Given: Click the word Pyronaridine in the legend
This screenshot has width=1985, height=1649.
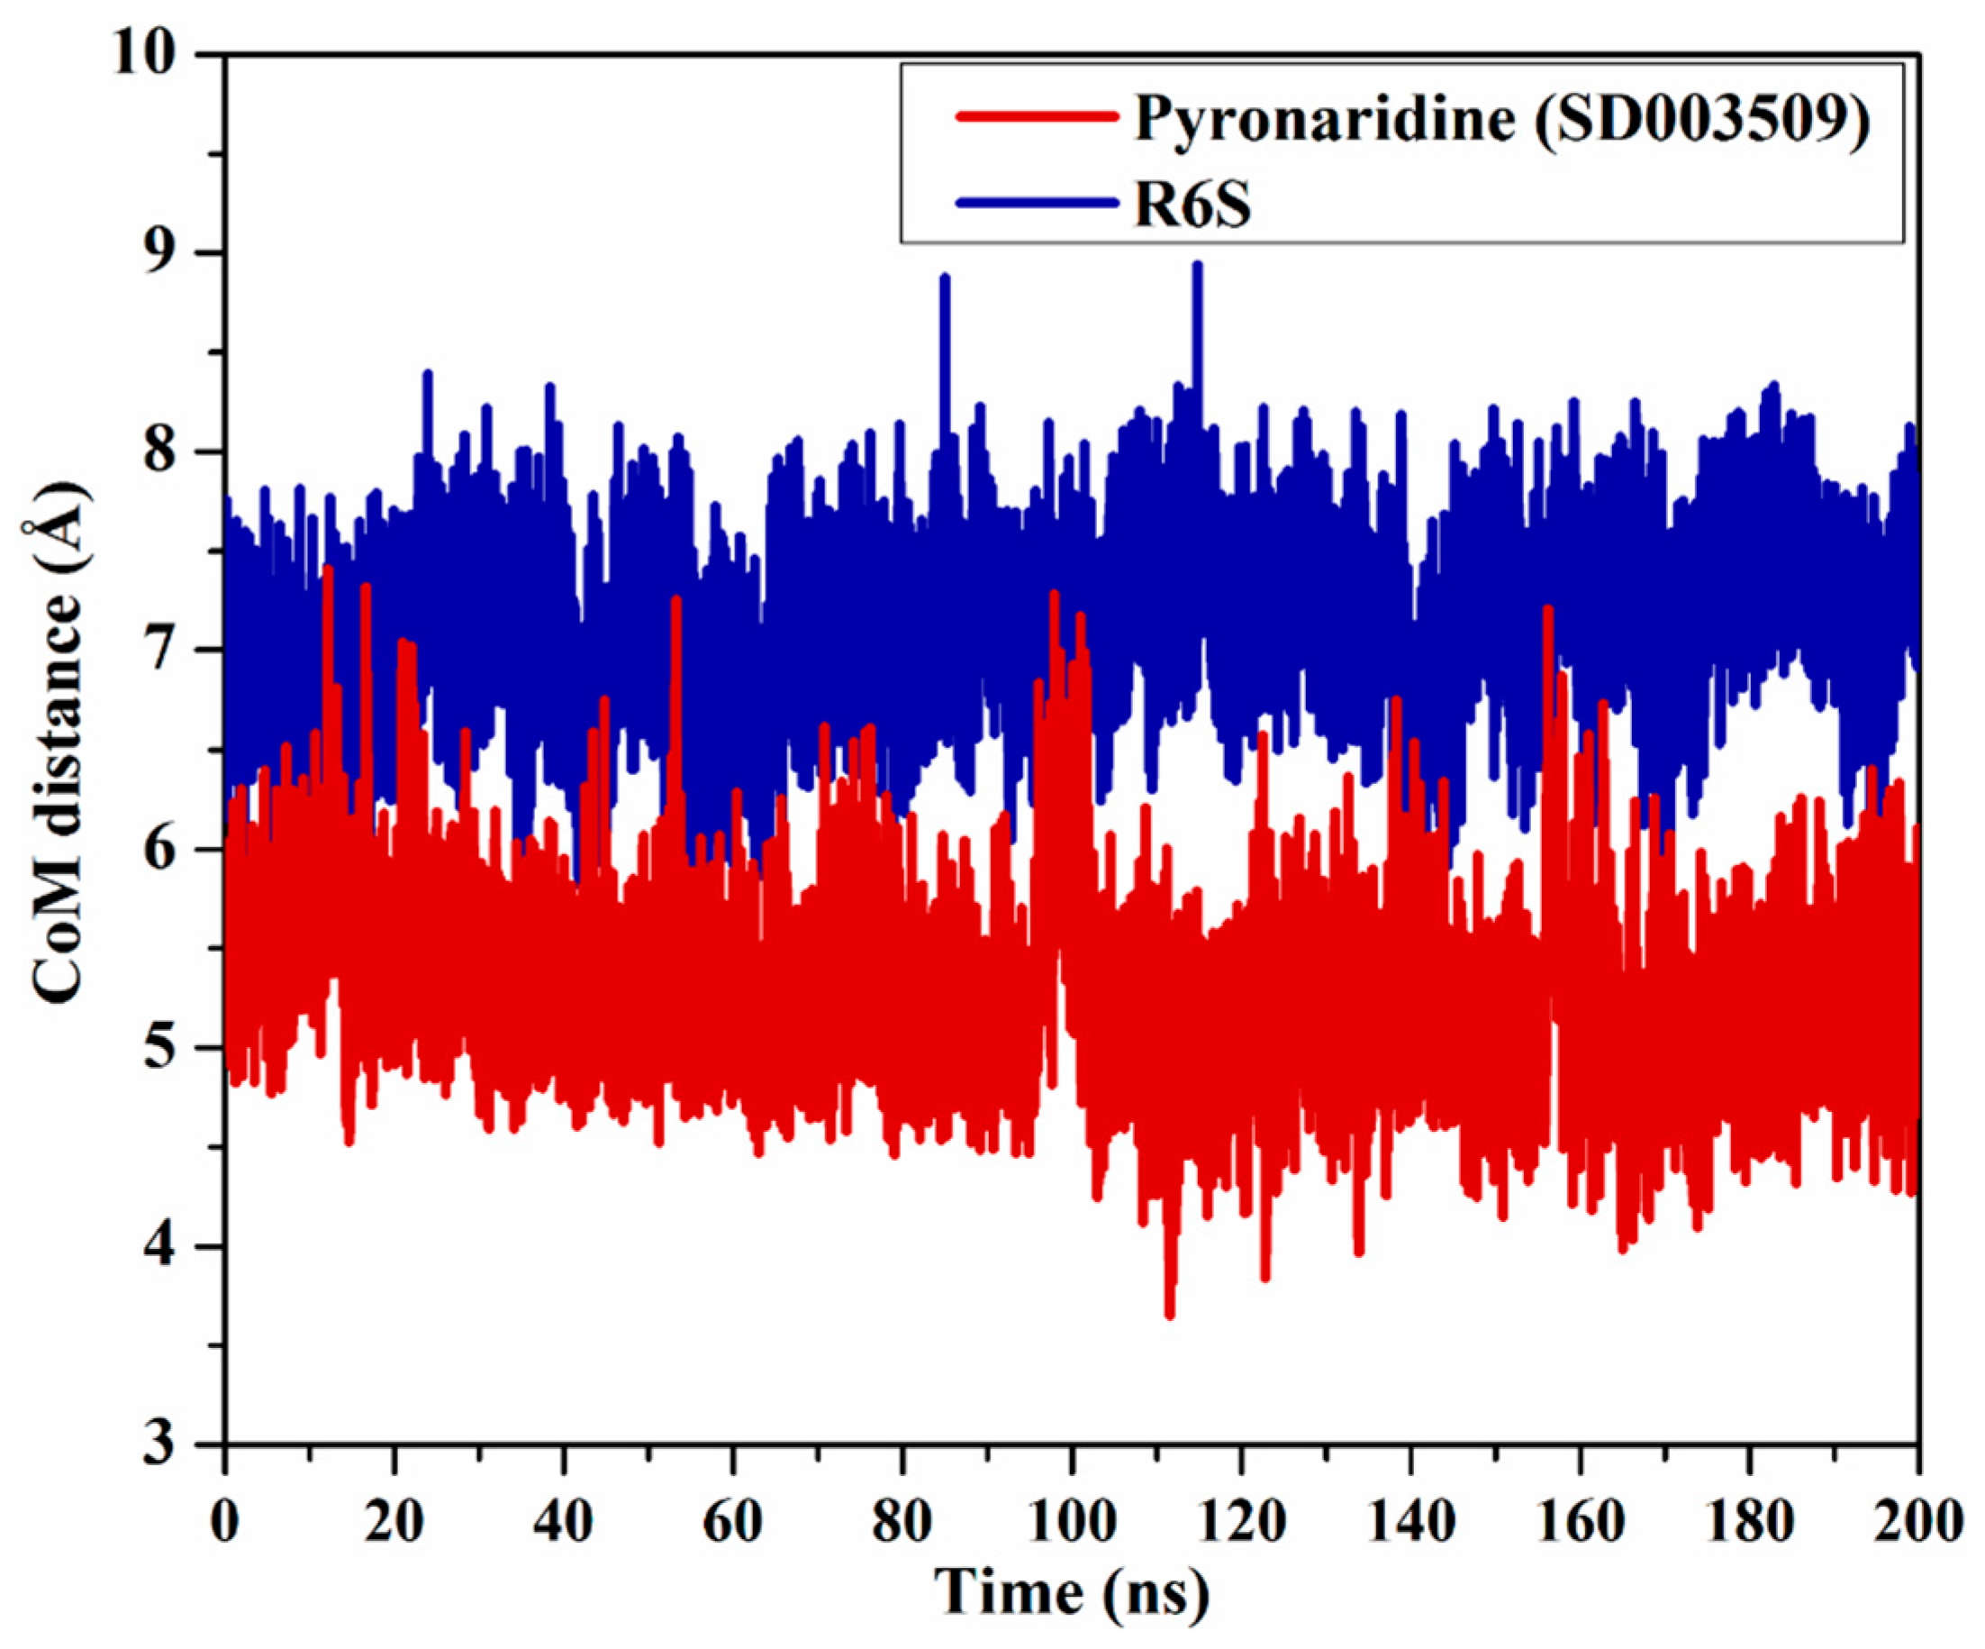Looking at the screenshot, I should (x=1323, y=120).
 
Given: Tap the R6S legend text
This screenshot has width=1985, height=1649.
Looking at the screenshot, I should (x=1192, y=205).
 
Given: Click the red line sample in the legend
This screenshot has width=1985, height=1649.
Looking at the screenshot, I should (x=1035, y=116).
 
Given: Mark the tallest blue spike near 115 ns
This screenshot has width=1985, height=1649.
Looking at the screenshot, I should (x=1197, y=267).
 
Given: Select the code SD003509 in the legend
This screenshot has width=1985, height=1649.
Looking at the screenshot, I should (x=1701, y=120).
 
